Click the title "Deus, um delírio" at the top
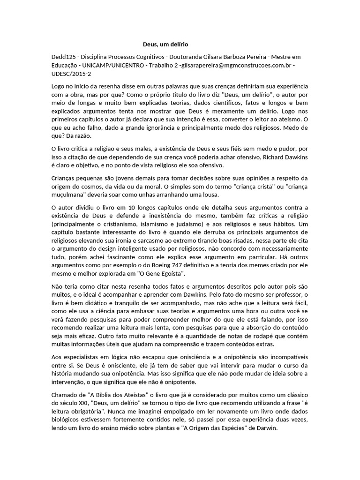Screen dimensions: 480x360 click(165, 44)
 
